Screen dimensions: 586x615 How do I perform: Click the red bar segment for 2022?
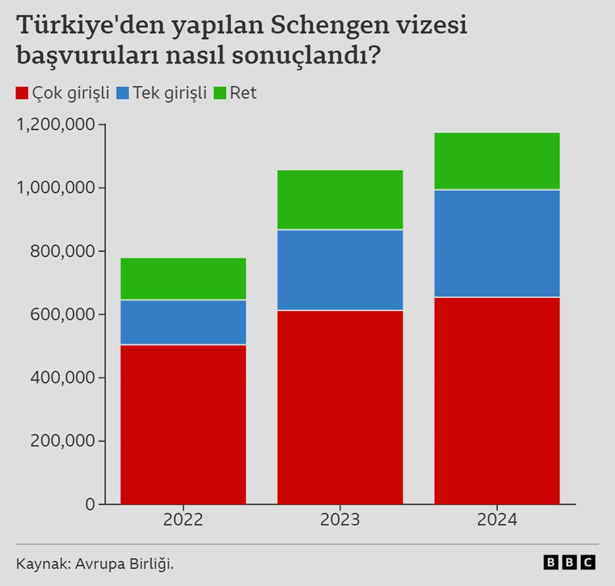pyautogui.click(x=183, y=424)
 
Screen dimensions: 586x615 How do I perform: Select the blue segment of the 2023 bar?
pyautogui.click(x=340, y=270)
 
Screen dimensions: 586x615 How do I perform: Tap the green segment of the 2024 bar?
pyautogui.click(x=497, y=161)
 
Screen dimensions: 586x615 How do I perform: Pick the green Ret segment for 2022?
pyautogui.click(x=183, y=278)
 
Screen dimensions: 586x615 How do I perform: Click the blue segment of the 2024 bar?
pyautogui.click(x=497, y=243)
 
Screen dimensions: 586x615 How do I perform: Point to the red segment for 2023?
pyautogui.click(x=340, y=407)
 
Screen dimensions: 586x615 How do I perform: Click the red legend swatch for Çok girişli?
pyautogui.click(x=22, y=93)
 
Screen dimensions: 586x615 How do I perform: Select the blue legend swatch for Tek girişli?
pyautogui.click(x=122, y=93)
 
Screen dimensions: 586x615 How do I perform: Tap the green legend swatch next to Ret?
pyautogui.click(x=219, y=93)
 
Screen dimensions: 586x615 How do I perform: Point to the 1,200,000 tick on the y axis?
pyautogui.click(x=56, y=124)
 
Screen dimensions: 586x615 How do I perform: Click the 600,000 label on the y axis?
pyautogui.click(x=63, y=314)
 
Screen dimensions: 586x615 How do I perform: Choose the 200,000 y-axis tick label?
pyautogui.click(x=63, y=441)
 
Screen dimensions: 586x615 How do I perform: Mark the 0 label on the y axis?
pyautogui.click(x=90, y=504)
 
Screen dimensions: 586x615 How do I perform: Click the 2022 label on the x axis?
pyautogui.click(x=183, y=520)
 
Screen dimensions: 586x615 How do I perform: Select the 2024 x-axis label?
pyautogui.click(x=497, y=520)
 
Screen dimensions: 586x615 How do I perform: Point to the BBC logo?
pyautogui.click(x=569, y=562)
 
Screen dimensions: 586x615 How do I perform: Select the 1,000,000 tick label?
pyautogui.click(x=56, y=187)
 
